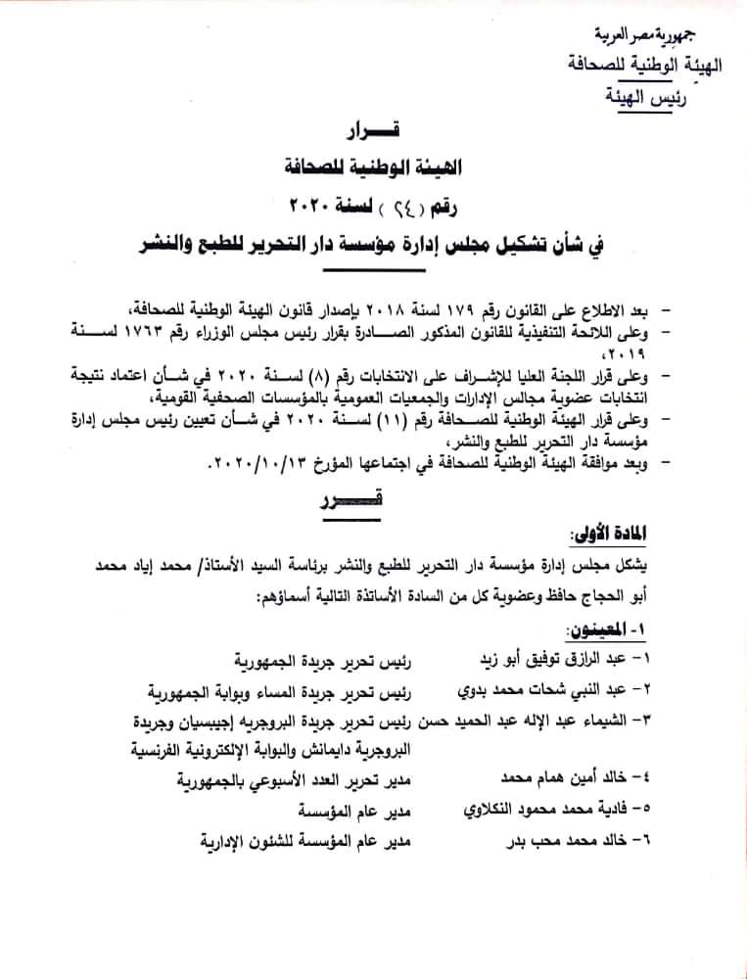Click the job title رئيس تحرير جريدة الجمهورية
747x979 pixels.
(x=320, y=656)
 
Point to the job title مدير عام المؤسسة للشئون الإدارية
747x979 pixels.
(x=303, y=841)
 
